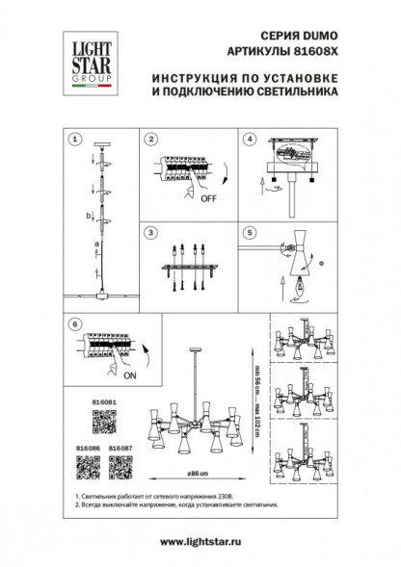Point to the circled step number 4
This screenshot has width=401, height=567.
[x=249, y=140]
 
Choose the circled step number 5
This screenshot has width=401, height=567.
[x=249, y=232]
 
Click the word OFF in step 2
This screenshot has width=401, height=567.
[x=207, y=200]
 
